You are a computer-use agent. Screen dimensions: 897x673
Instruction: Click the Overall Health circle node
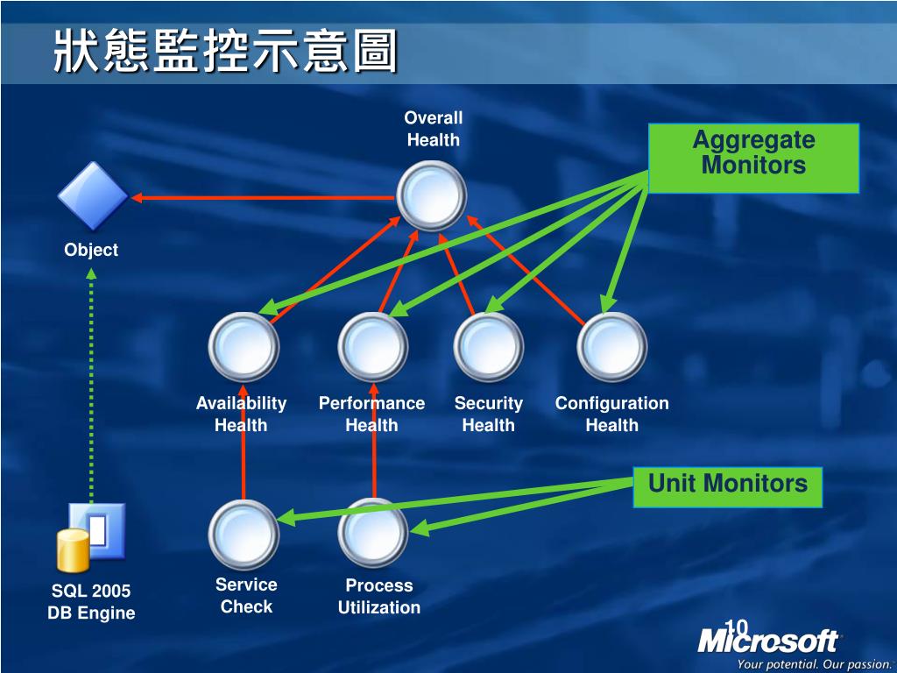pyautogui.click(x=431, y=195)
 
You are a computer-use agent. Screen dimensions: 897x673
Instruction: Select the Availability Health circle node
pyautogui.click(x=244, y=347)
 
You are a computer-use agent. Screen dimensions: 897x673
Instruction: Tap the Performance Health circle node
pyautogui.click(x=373, y=347)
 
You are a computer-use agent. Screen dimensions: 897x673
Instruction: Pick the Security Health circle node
pyautogui.click(x=488, y=347)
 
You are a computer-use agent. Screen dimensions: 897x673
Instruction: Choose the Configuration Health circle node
pyautogui.click(x=611, y=347)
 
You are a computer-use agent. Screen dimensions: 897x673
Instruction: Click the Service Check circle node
pyautogui.click(x=244, y=534)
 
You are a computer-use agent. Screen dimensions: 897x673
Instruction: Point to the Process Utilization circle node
pyautogui.click(x=373, y=534)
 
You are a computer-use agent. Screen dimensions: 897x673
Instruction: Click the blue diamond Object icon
pyautogui.click(x=92, y=196)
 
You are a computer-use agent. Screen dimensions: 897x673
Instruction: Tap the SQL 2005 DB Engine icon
pyautogui.click(x=90, y=536)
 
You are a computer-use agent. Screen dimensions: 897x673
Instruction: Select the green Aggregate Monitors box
pyautogui.click(x=753, y=158)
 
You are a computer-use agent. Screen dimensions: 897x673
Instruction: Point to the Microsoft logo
pyautogui.click(x=767, y=641)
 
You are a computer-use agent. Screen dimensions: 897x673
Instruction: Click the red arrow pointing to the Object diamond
pyautogui.click(x=263, y=198)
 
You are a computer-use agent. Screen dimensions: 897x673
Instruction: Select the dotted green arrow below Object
pyautogui.click(x=91, y=386)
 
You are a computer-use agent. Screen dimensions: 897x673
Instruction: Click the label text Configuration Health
pyautogui.click(x=611, y=414)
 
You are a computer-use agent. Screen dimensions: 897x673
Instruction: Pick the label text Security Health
pyautogui.click(x=488, y=414)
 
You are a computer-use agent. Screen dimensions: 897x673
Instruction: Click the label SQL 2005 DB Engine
pyautogui.click(x=91, y=602)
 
